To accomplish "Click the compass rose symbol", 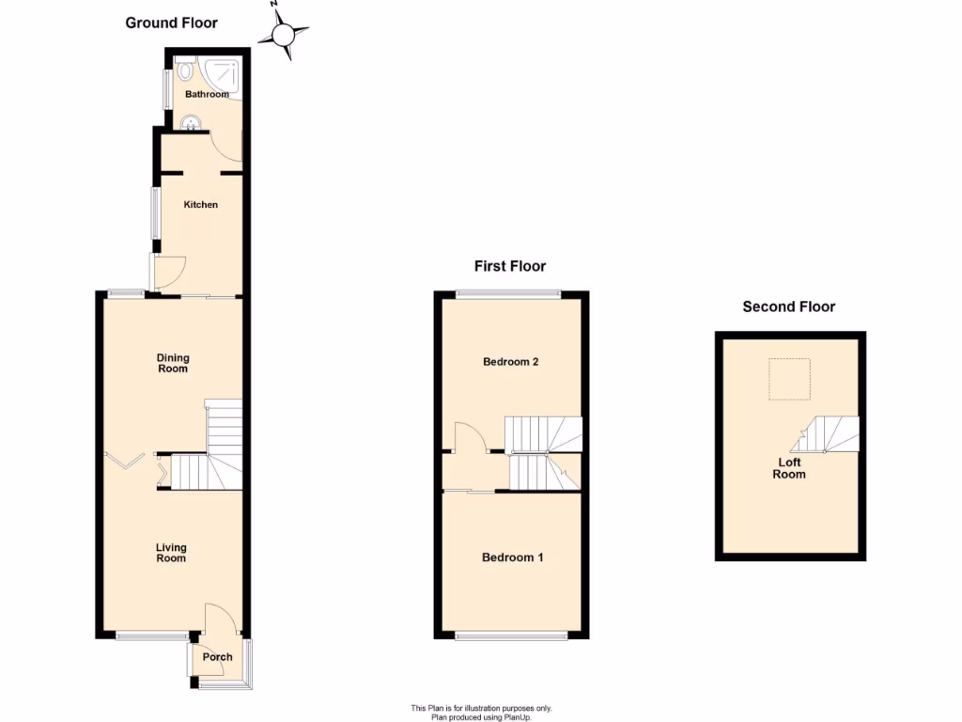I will [x=284, y=35].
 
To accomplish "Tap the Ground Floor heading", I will [x=172, y=23].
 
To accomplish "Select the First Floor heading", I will [x=510, y=266].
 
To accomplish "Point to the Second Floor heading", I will [x=788, y=306].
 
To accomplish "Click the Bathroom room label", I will [x=207, y=95].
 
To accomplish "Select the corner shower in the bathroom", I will [x=224, y=72].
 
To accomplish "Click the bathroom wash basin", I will [x=192, y=122].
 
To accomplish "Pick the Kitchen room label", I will [x=200, y=205].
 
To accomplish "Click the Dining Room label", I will [x=173, y=363].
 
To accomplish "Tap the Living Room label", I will [x=171, y=553].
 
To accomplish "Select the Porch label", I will [x=218, y=658].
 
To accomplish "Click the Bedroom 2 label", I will [x=510, y=362].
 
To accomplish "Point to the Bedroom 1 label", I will [x=512, y=557].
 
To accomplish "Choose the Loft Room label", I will [x=789, y=468].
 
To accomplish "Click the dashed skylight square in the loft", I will [x=787, y=379].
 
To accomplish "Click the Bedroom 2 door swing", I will [x=468, y=438].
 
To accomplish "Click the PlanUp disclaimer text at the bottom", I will [x=481, y=713].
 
